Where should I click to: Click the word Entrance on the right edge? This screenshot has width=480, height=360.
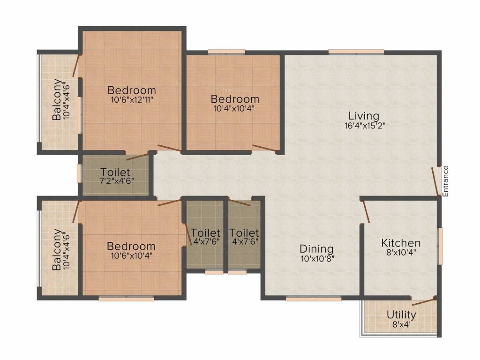[x=446, y=181]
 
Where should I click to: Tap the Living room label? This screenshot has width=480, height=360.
[x=363, y=116]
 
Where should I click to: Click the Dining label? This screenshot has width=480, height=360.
[x=317, y=249]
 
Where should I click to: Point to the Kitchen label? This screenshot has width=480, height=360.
[x=401, y=243]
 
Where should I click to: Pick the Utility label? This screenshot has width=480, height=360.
[x=401, y=314]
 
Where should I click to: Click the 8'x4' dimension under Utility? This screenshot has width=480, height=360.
[x=401, y=323]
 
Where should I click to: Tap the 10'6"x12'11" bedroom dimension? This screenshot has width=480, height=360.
[x=131, y=100]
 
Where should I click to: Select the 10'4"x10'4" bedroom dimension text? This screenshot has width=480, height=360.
[x=234, y=108]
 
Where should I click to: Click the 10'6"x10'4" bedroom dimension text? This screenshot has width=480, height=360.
[x=131, y=255]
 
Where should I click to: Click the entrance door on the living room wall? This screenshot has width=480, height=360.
[x=435, y=181]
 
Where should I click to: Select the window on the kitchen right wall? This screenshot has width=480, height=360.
[x=440, y=246]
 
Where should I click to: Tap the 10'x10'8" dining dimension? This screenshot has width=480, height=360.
[x=317, y=258]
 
